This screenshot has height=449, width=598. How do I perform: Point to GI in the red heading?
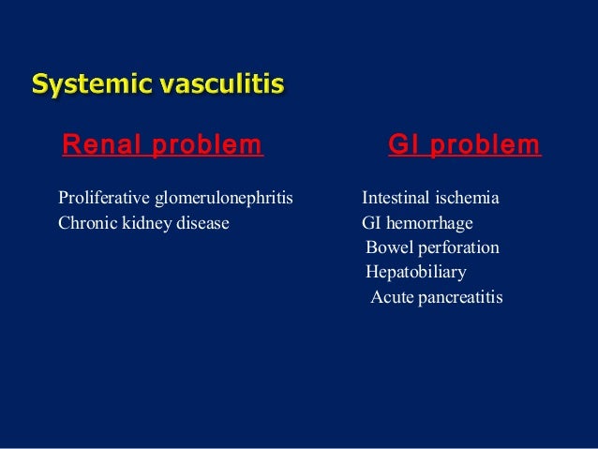403,145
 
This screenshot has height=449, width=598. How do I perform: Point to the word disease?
201,224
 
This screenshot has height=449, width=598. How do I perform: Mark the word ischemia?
468,199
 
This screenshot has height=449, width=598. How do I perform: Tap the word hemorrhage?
431,224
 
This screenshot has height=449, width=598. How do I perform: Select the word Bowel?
387,248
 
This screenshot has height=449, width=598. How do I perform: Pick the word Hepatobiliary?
415,273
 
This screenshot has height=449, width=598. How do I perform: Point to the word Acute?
391,297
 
